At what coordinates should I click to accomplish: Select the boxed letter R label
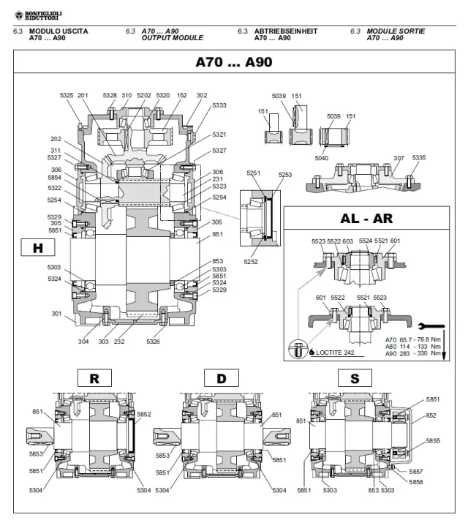[94, 378]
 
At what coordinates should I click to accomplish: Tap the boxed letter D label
[221, 378]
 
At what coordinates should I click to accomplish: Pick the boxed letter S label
[354, 378]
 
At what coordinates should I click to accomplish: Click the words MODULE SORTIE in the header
[396, 31]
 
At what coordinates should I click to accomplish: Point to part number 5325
[67, 95]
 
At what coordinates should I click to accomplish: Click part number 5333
[219, 105]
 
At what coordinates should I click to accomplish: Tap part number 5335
[419, 157]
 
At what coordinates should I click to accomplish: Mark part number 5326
[153, 341]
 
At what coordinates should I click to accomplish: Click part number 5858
[416, 483]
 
